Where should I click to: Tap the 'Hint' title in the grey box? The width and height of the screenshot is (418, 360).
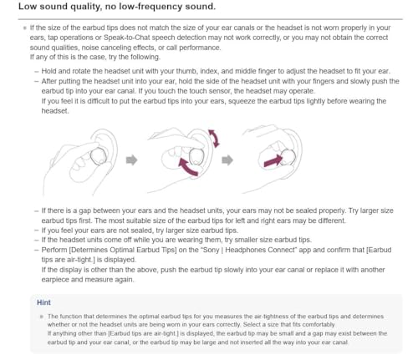(x=45, y=302)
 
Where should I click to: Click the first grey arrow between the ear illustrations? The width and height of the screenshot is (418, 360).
(x=130, y=159)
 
